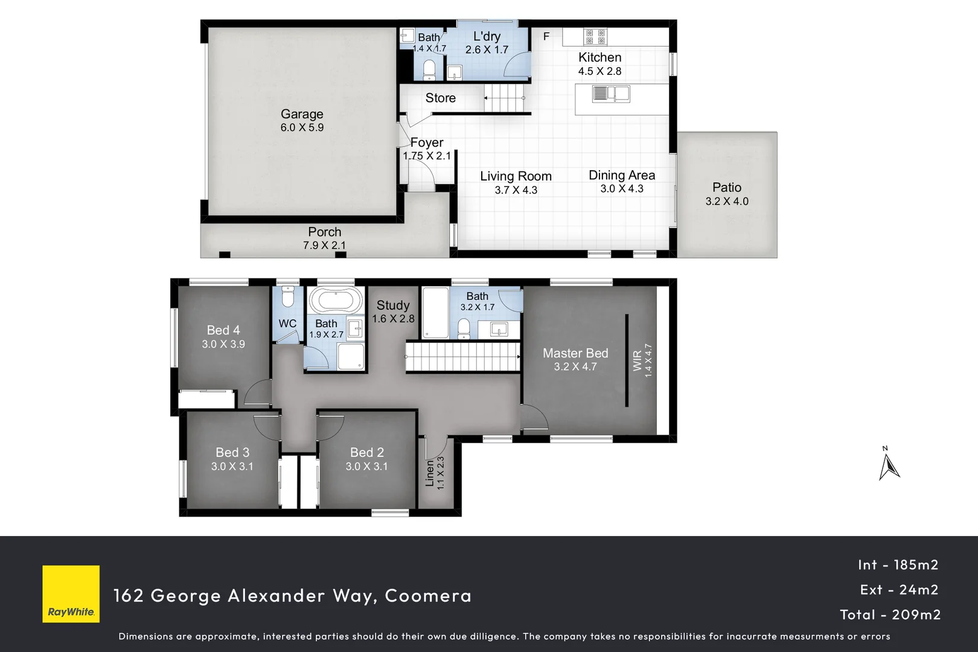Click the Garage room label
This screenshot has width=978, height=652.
coord(302,114)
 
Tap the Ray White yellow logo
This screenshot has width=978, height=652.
coord(71,593)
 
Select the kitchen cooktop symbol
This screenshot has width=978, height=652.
coord(595,37)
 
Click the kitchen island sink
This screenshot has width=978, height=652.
coord(610,94)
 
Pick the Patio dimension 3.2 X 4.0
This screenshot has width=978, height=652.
coord(727,202)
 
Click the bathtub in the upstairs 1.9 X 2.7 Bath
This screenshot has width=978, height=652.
coord(336,300)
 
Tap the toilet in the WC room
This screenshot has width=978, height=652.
coord(288,297)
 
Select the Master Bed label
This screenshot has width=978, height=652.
coord(575,353)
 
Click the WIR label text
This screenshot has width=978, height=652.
coord(638,360)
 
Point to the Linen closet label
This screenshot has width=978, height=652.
coord(430,473)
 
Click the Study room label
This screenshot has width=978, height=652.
coord(393,305)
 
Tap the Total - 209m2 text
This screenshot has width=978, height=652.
coord(890,615)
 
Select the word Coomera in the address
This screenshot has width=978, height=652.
coord(428,596)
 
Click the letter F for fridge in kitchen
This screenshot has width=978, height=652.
coord(546,37)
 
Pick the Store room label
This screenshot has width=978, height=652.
coord(440,98)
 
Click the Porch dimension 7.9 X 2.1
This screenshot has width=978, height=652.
coord(324,245)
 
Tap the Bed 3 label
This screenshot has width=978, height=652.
coord(232,452)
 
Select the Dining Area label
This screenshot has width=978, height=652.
coord(622,175)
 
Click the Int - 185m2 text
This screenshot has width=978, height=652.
coord(898,565)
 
